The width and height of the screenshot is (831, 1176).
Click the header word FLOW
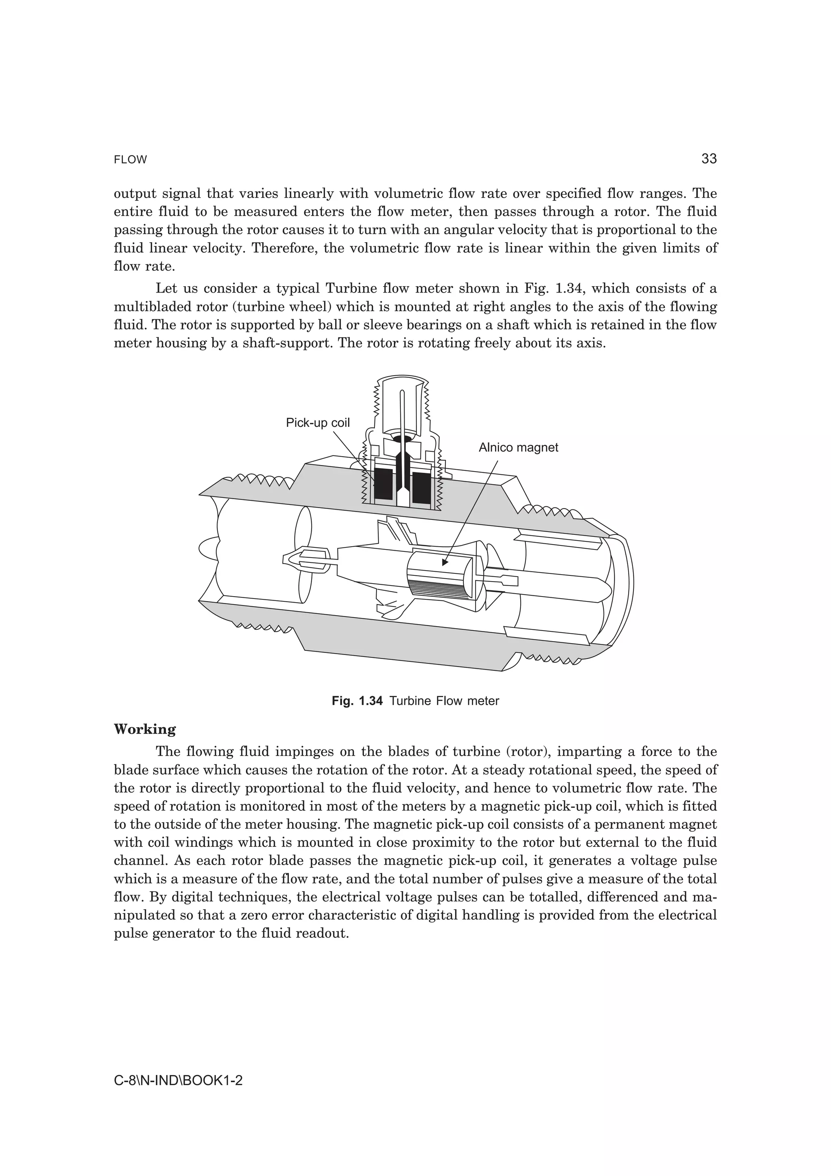tap(130, 160)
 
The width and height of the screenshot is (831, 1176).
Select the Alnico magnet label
tap(518, 447)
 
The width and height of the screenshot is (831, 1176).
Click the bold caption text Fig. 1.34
tap(357, 701)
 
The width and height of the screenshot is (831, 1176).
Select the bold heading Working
tap(144, 729)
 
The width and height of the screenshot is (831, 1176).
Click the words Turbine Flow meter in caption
tap(444, 701)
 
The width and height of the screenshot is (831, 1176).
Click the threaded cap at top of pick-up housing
tap(402, 405)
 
